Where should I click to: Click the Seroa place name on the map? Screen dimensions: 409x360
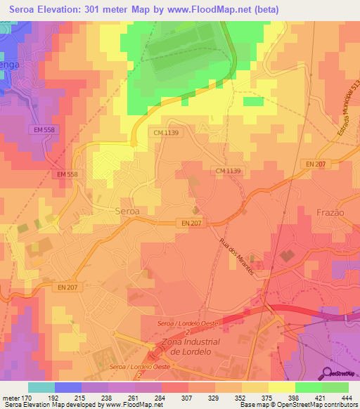(x=127, y=210)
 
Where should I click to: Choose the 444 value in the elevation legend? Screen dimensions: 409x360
(x=347, y=398)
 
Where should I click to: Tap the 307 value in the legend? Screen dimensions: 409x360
(x=186, y=398)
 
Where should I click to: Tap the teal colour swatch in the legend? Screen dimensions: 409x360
(x=41, y=387)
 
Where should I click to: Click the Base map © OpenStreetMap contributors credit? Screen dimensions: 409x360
(x=298, y=405)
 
